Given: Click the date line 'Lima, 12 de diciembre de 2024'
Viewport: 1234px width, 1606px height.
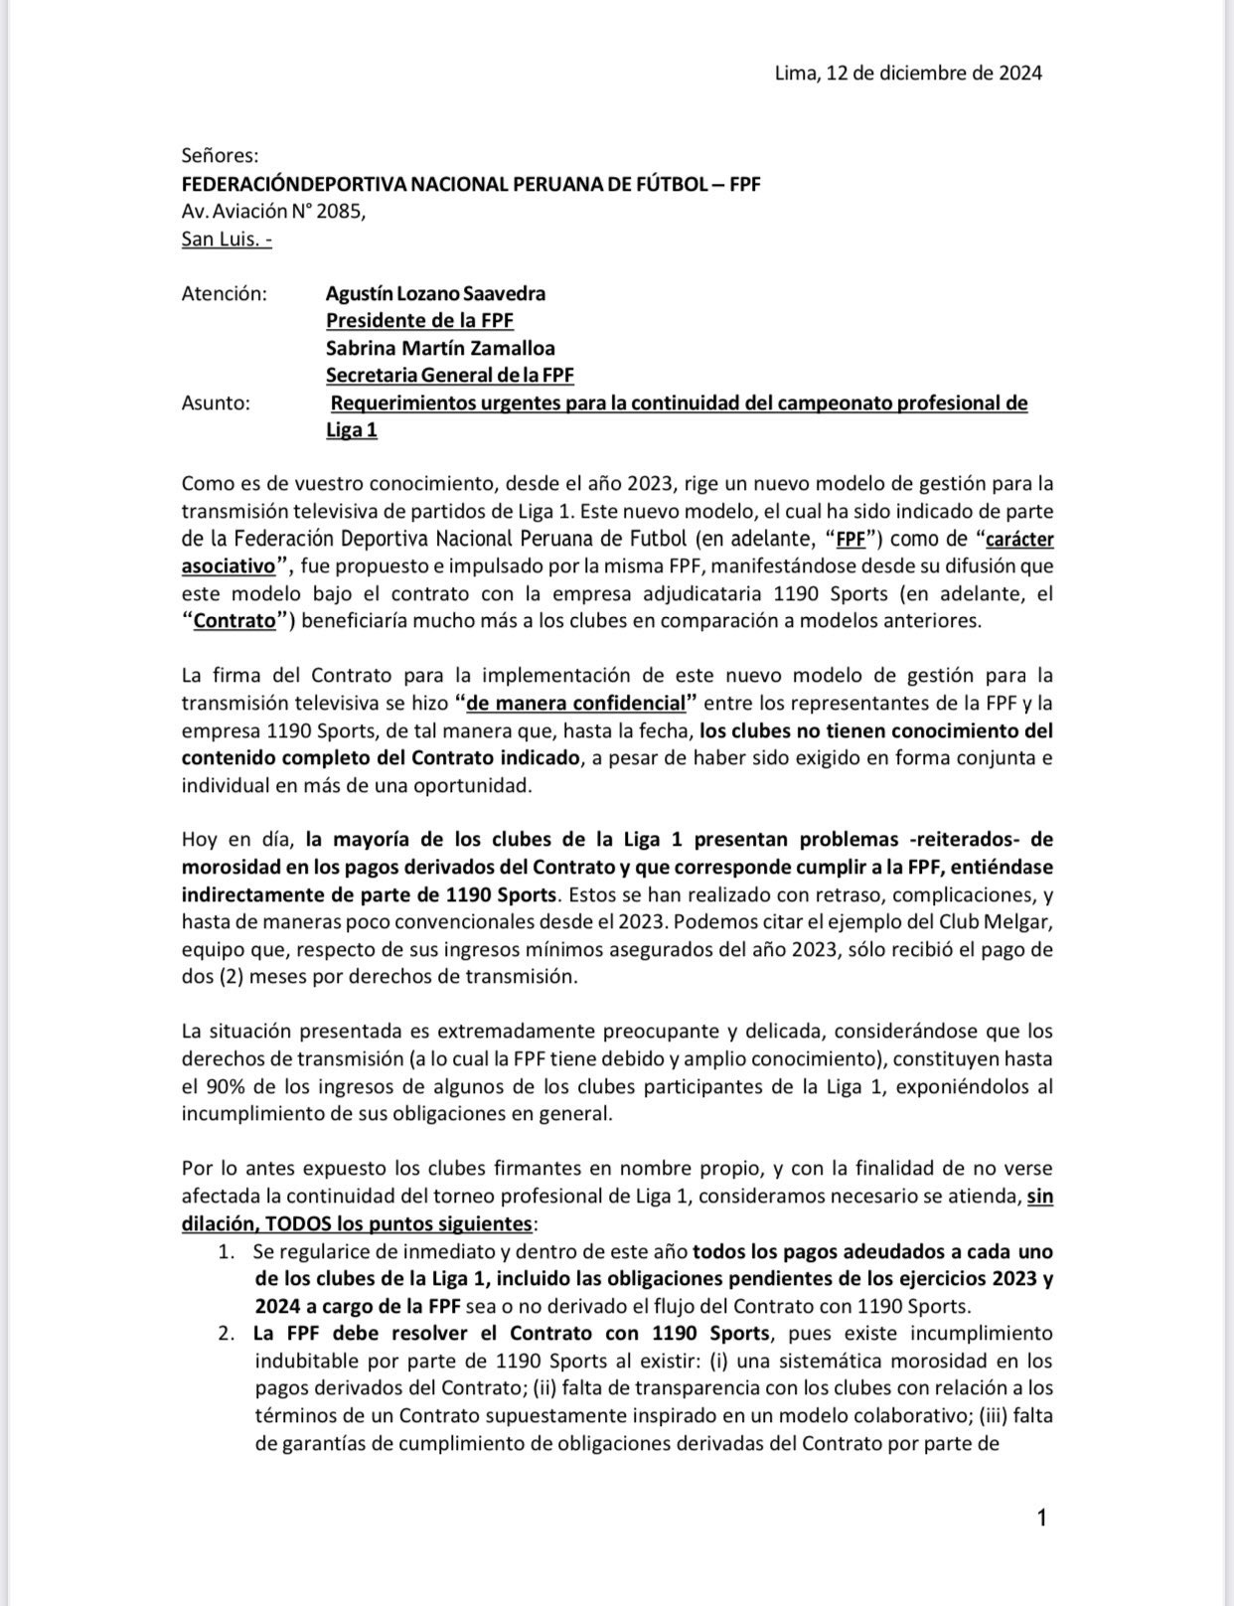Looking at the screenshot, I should [x=908, y=73].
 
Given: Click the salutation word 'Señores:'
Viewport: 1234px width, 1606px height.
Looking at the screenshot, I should [x=220, y=155].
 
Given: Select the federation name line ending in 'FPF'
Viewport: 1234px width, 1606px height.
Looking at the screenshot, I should [x=471, y=184].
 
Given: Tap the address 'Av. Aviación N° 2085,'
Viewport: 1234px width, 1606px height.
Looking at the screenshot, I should [x=273, y=212].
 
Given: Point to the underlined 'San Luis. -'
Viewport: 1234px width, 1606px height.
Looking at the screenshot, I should [x=227, y=240].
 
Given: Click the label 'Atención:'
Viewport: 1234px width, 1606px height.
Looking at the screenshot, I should [x=225, y=294].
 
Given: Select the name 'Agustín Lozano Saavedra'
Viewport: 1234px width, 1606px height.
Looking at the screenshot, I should [x=435, y=294].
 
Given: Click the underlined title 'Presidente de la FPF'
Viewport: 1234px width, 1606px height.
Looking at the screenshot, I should [x=419, y=321].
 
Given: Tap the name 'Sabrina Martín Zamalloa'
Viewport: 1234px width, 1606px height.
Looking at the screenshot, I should [x=440, y=349].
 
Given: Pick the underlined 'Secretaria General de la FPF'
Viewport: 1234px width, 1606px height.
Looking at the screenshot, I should [x=450, y=376].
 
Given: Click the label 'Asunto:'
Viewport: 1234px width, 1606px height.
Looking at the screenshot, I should [x=216, y=403].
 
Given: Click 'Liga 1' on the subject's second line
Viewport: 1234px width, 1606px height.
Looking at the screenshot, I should [x=352, y=430].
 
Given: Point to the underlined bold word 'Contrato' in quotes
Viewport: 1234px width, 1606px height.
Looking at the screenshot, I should [x=233, y=621].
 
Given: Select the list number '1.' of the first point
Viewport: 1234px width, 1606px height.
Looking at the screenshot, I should [x=227, y=1251].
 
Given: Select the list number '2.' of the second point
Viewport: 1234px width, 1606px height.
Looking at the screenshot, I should [x=227, y=1333].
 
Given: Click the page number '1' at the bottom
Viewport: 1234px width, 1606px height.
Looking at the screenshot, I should [x=1041, y=1518].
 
